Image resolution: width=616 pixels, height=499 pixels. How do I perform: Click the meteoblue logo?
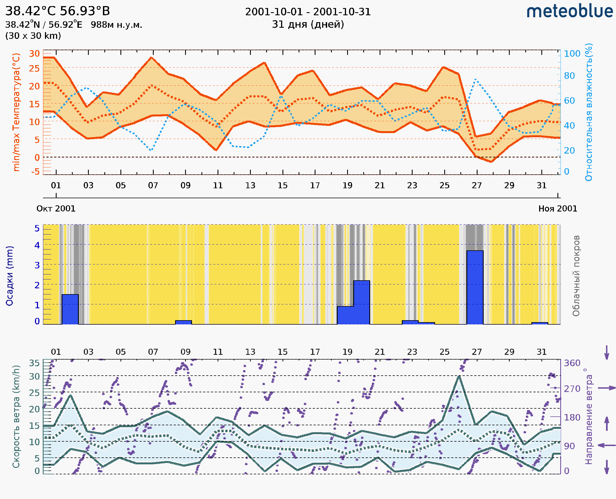[x=569, y=11]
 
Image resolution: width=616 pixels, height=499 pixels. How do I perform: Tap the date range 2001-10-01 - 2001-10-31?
[x=308, y=12]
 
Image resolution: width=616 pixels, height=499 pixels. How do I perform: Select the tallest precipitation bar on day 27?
[x=475, y=287]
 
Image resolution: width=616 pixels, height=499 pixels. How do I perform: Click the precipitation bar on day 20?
[x=362, y=302]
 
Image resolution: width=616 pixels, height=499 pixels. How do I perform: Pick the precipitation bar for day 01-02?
[x=70, y=309]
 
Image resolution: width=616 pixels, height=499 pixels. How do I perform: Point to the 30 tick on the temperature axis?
[x=34, y=54]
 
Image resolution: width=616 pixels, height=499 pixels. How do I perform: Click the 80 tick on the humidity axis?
[x=569, y=76]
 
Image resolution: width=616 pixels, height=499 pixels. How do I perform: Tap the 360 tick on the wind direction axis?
[x=572, y=363]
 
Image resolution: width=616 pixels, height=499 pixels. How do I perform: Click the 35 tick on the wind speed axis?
[x=34, y=363]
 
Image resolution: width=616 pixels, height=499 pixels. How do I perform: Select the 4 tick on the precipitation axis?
[x=37, y=245]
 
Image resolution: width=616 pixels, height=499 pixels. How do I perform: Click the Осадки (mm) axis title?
[x=9, y=276]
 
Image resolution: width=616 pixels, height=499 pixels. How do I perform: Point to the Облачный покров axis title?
[x=576, y=276]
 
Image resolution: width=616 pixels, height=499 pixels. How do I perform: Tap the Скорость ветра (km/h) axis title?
[x=16, y=416]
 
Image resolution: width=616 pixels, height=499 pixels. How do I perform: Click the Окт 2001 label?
[x=56, y=208]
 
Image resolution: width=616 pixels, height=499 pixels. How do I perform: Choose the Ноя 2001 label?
[x=558, y=208]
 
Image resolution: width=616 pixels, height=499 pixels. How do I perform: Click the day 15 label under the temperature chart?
[x=282, y=185]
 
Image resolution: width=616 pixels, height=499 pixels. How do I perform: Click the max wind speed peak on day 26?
[x=459, y=376]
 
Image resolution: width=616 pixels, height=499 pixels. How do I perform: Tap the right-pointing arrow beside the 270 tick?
[x=607, y=388]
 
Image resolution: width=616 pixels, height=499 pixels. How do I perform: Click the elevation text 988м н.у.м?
[x=116, y=25]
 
